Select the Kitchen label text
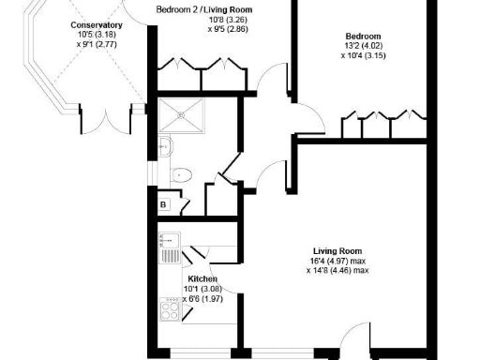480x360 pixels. click(x=202, y=279)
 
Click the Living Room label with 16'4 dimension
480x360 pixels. click(x=337, y=250)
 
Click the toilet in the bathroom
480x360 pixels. click(x=182, y=173)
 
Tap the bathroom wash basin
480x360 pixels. click(x=164, y=145)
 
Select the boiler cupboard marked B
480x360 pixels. click(x=162, y=203)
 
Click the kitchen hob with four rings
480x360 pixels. click(x=171, y=307)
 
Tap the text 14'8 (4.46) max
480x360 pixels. click(x=337, y=271)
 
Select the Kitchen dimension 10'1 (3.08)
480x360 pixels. click(x=202, y=290)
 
